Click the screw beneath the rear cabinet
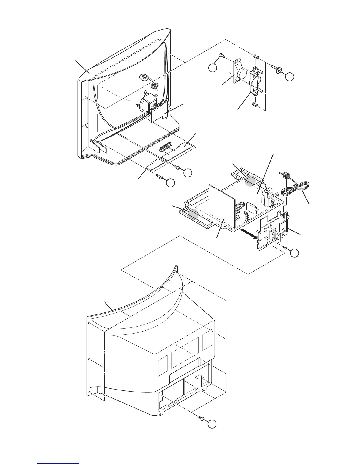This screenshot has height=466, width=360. point(201,417)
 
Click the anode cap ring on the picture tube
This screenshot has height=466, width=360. point(144,77)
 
